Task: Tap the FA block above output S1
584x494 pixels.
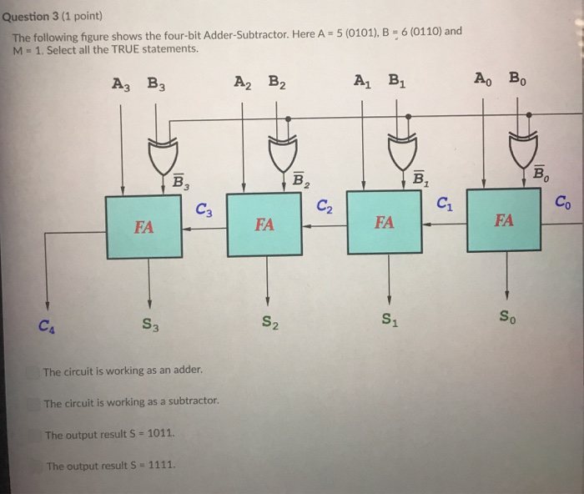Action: click(385, 221)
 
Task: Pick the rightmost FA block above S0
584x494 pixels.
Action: click(505, 219)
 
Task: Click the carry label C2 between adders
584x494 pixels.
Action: click(325, 206)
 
